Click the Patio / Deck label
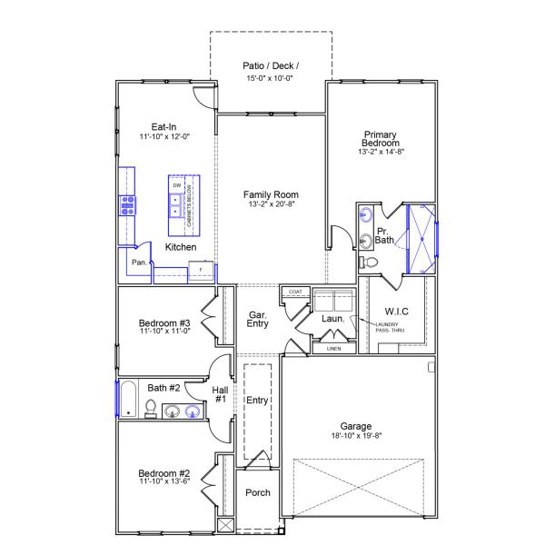[x=271, y=65]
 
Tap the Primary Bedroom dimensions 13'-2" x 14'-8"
[x=381, y=153]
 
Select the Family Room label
[x=271, y=194]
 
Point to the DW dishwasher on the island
[x=176, y=185]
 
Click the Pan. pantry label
[x=139, y=262]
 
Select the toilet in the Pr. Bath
[x=369, y=263]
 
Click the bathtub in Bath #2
[x=128, y=400]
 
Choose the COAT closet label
[x=294, y=292]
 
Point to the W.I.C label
[x=397, y=312]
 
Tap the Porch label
[x=258, y=493]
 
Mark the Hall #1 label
[x=220, y=394]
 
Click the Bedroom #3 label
[x=163, y=322]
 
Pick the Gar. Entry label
[x=258, y=319]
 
